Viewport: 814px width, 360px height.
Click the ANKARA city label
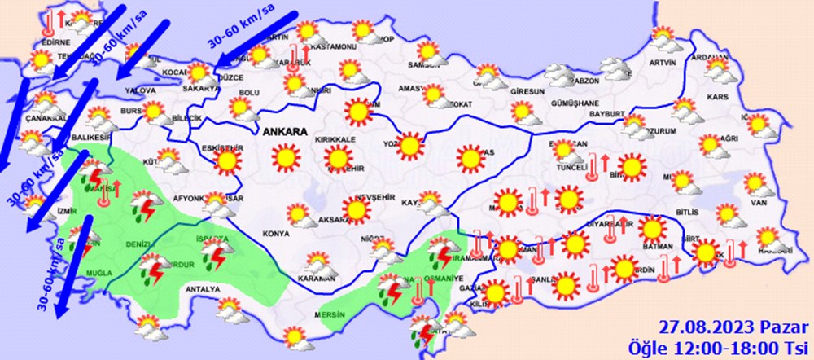click(x=285, y=130)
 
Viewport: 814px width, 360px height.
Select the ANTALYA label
click(x=204, y=289)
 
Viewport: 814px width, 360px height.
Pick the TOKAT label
click(x=462, y=104)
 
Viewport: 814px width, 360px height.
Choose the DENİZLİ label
click(x=139, y=244)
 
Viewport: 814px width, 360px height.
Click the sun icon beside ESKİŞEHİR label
click(x=228, y=163)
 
